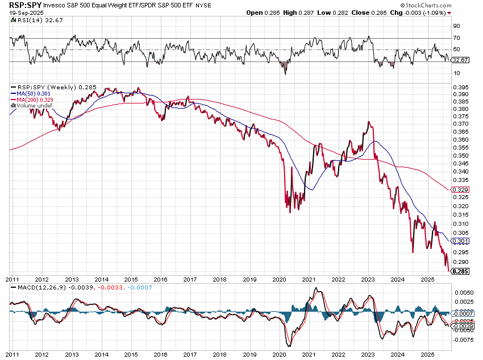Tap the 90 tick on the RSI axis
[x=456, y=26]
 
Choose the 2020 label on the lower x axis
[x=279, y=279]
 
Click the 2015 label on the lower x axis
[x=131, y=279]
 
